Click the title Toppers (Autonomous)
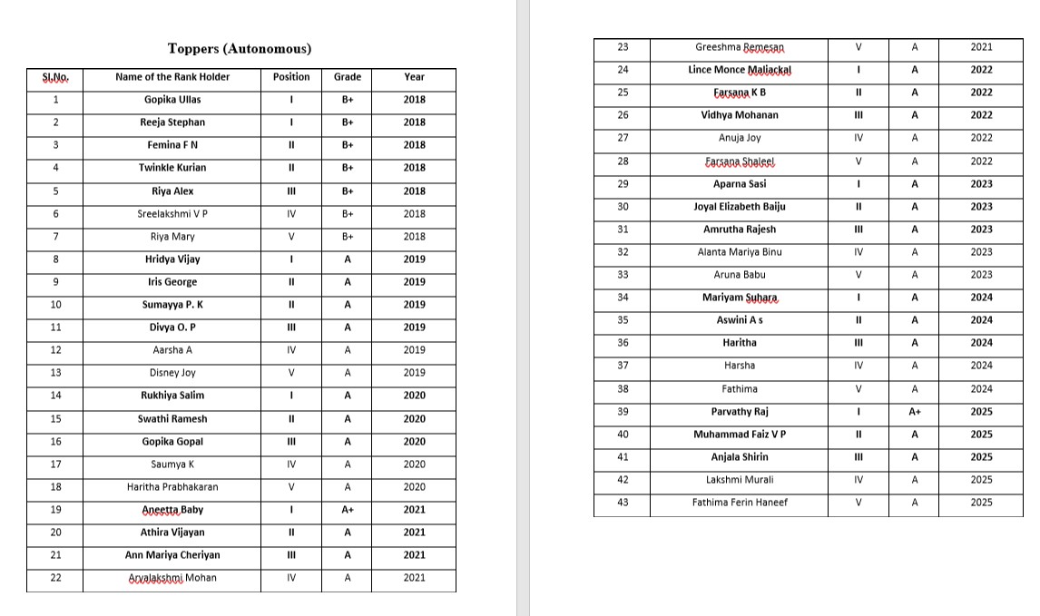point(240,49)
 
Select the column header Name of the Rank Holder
point(172,77)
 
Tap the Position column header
point(290,77)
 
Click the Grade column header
point(347,77)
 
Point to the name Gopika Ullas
point(172,100)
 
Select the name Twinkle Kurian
point(172,168)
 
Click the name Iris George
point(172,282)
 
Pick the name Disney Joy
point(172,373)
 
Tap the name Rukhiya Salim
point(172,396)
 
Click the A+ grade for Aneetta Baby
point(348,510)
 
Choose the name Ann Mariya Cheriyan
point(172,555)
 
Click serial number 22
point(55,577)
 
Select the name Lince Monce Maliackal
point(739,70)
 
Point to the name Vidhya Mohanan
point(739,115)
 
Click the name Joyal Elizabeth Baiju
point(739,207)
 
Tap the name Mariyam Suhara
point(739,298)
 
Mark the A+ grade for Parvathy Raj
point(915,412)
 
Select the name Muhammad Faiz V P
point(739,435)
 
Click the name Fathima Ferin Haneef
point(739,503)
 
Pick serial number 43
point(622,502)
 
